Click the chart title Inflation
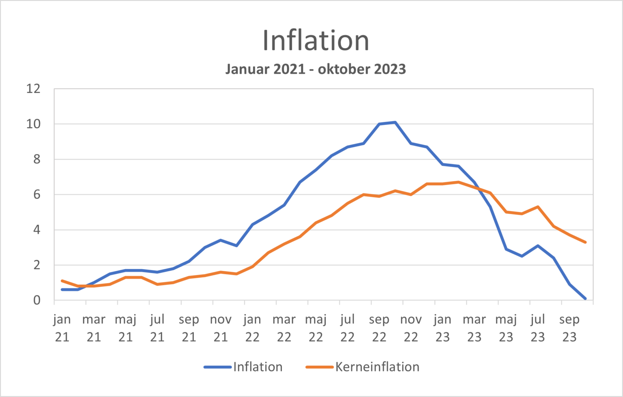(316, 41)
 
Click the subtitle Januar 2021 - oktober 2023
(316, 69)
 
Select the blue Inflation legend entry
(243, 367)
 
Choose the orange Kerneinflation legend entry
(363, 367)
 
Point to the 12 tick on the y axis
(34, 89)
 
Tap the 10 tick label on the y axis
(34, 124)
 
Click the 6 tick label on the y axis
(37, 195)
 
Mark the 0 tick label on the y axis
(37, 300)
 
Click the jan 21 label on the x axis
(62, 328)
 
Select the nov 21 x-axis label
(221, 328)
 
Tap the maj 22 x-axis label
(316, 328)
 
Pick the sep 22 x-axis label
(379, 328)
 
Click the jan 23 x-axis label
(443, 328)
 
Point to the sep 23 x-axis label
(569, 328)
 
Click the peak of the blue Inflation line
(395, 122)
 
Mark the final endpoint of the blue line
(585, 298)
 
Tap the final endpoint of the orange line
(585, 242)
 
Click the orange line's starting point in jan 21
(62, 281)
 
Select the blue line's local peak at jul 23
(538, 246)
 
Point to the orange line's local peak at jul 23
(538, 207)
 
